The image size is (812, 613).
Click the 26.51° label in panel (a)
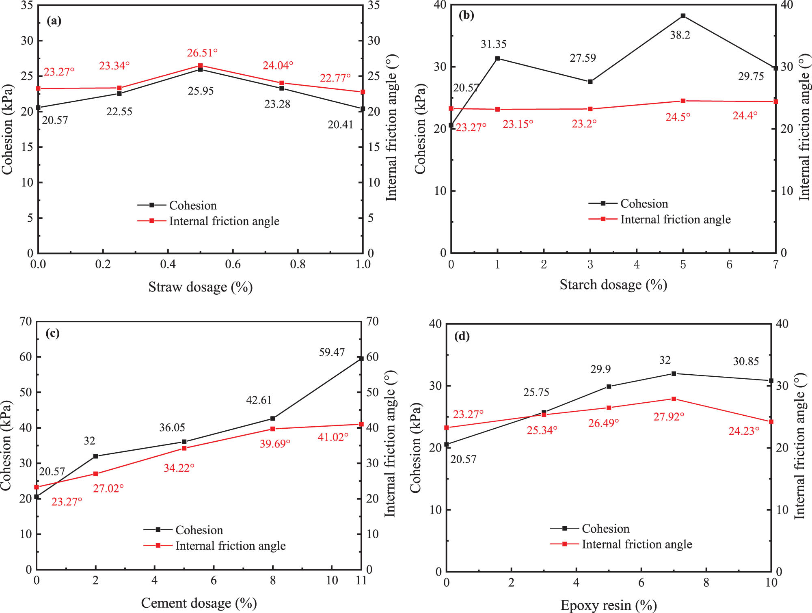tap(202, 53)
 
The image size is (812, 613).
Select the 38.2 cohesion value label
tap(680, 35)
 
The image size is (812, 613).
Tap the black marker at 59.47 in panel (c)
tap(361, 358)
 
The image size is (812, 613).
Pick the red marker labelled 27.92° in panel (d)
tap(674, 399)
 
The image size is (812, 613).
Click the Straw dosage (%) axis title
tap(200, 287)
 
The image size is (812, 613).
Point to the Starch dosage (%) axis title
tap(613, 285)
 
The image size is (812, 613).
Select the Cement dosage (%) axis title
tap(199, 603)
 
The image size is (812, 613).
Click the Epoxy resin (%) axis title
tap(608, 605)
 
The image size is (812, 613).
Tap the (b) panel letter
tap(466, 15)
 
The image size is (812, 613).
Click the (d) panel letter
tap(462, 336)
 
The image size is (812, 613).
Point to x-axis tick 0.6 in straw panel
tap(233, 264)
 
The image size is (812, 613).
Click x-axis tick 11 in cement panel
tap(361, 581)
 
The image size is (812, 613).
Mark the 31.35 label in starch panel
tap(493, 44)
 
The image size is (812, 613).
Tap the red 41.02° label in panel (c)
tap(333, 437)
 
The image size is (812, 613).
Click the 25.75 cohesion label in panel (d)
tap(536, 393)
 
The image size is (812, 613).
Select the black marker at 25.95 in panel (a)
tap(200, 69)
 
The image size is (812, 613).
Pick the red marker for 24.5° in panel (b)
tap(683, 101)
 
